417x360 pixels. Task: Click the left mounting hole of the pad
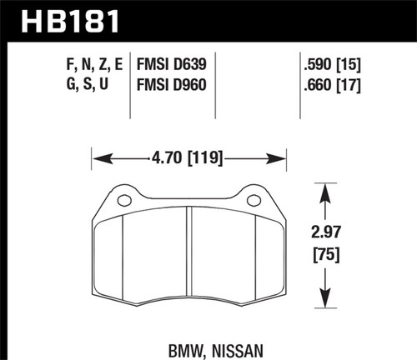tap(123, 200)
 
